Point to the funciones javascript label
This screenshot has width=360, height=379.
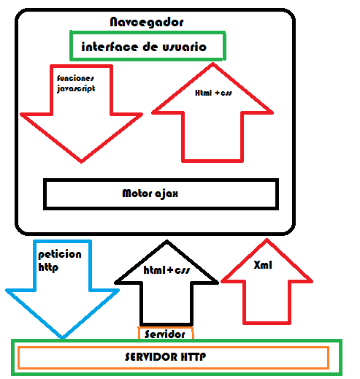click(76, 82)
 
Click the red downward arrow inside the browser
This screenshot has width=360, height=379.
click(80, 124)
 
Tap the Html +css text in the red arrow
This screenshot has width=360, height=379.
click(212, 94)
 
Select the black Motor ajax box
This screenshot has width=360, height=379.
click(161, 194)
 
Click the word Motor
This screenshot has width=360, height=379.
click(139, 194)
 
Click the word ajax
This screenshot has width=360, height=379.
click(173, 194)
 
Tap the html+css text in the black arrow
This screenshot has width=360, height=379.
click(167, 271)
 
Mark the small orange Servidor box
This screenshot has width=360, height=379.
click(166, 334)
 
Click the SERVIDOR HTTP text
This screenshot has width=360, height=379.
click(173, 358)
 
